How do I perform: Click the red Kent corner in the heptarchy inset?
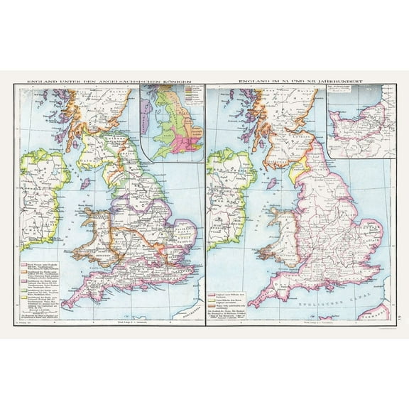click(192, 146)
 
